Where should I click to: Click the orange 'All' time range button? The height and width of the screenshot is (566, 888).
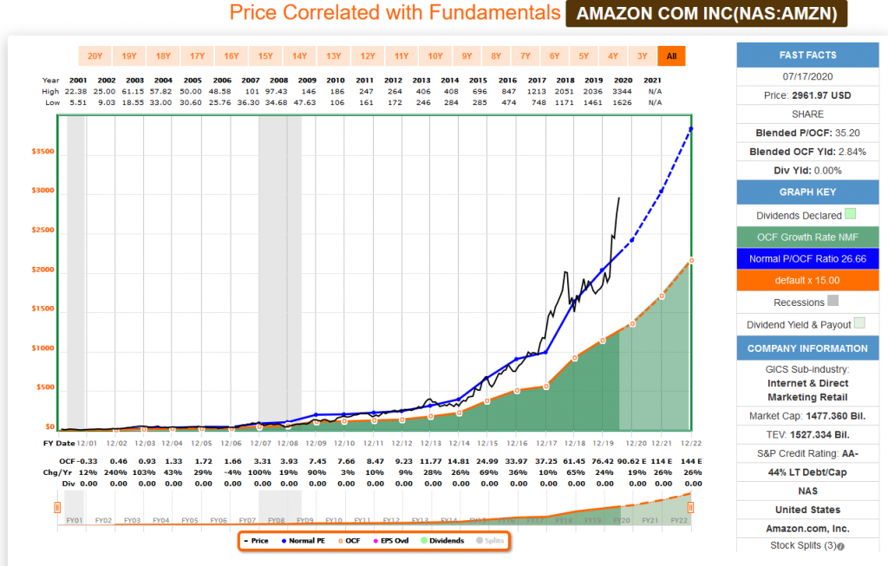669,56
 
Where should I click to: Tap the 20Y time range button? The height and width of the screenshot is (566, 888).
95,56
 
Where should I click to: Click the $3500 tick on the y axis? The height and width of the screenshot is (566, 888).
43,151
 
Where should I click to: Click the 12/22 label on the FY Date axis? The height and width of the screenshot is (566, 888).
690,443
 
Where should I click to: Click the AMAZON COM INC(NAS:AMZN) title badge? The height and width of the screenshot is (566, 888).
706,13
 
